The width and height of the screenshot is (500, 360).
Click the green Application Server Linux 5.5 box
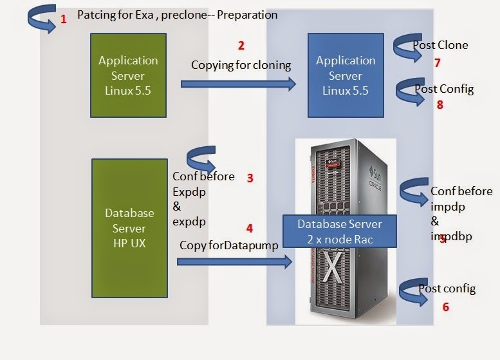point(127,74)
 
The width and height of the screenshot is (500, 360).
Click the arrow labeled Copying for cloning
point(238,84)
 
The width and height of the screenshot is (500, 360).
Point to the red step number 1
point(63,19)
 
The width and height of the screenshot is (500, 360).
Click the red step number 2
point(241,46)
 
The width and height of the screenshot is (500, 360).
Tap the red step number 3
point(250,178)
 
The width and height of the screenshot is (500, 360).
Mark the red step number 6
point(445,307)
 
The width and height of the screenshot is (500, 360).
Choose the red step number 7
point(437,62)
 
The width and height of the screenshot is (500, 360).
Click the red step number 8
point(440,104)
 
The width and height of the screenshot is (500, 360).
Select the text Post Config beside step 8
point(444,89)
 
